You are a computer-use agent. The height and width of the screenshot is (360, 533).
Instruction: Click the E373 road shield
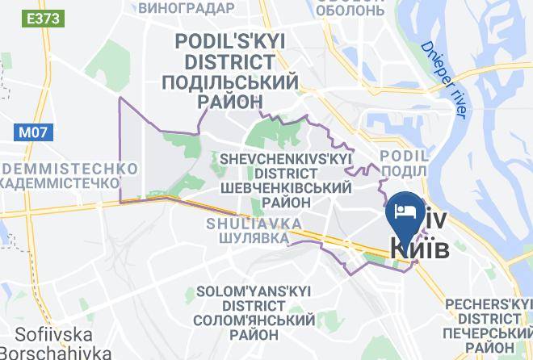tap(39, 16)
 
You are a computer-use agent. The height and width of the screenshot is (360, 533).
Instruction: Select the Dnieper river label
tap(444, 81)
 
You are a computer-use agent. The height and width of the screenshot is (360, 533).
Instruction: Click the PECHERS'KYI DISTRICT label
tap(489, 311)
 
